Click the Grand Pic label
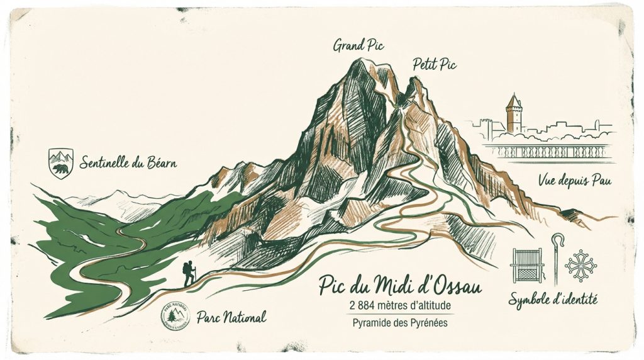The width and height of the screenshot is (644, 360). coord(359,45)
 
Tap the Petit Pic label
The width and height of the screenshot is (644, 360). coord(435,64)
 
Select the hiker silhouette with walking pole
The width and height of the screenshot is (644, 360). coord(189,274)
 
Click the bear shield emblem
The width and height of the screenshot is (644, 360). coord(61,163)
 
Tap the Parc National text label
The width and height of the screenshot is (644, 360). coord(231,316)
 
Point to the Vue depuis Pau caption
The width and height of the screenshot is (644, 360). coord(575,182)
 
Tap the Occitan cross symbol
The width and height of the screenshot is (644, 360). coord(579,265)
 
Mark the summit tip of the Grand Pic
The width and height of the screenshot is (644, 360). coord(359,60)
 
